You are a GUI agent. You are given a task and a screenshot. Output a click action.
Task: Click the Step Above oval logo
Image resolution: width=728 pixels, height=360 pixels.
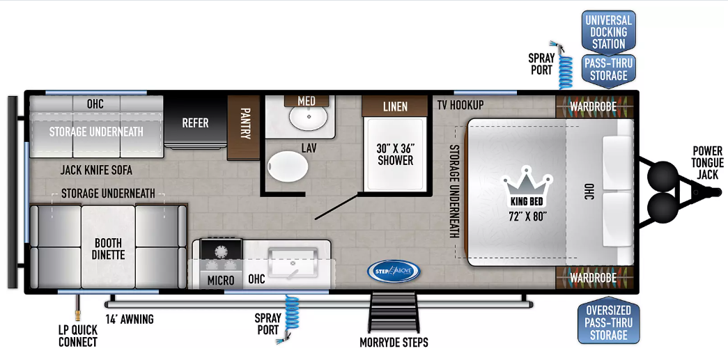coord(393,271)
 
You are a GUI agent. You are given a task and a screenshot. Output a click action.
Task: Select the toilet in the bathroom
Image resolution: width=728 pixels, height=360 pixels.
coord(288,166)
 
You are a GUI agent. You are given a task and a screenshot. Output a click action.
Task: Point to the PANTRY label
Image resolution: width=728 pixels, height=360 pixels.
coord(245,125)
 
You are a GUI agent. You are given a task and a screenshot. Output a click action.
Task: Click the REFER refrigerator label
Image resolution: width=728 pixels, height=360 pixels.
coord(195,123)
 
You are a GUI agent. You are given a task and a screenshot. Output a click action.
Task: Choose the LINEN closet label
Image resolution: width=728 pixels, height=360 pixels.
coord(395,107)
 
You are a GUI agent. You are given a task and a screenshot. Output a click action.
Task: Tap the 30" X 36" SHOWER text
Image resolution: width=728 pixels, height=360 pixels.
coord(395,155)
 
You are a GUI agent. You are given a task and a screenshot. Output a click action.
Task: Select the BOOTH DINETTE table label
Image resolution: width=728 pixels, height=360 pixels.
coord(108,249)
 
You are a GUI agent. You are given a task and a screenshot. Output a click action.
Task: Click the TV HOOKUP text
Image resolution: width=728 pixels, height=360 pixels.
coord(460,105)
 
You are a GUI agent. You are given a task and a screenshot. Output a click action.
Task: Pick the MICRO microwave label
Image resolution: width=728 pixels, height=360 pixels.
coord(221,280)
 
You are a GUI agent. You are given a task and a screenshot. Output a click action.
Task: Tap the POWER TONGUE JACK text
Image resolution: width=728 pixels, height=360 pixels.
coord(707,163)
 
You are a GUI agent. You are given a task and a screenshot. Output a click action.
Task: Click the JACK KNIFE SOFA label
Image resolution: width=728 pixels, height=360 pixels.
coord(96,171)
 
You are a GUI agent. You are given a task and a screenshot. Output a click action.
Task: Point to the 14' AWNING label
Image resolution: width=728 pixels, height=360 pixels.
coord(129,319)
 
